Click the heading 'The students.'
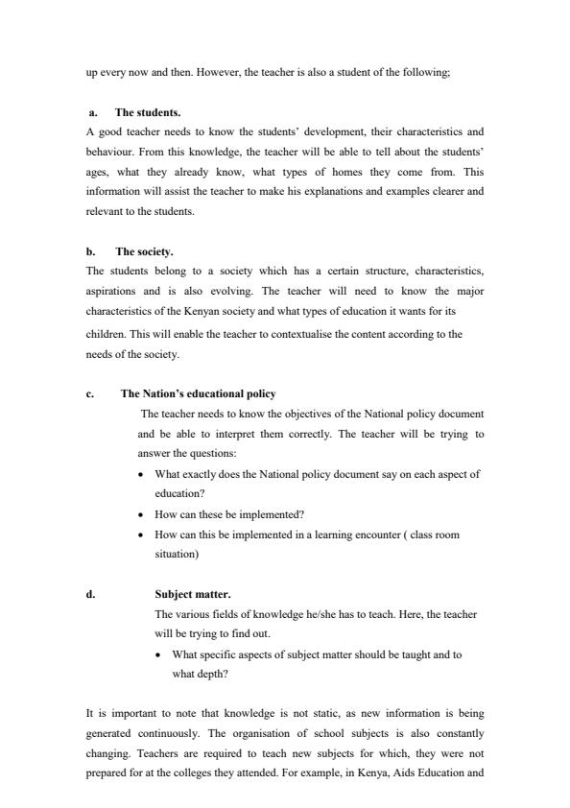(148, 112)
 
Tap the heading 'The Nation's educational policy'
(198, 393)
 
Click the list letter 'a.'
(93, 112)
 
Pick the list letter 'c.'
(89, 393)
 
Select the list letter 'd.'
(90, 594)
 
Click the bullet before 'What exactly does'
(142, 475)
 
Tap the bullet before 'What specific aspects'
(159, 655)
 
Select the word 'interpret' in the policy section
(219, 434)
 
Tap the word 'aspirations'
(110, 291)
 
